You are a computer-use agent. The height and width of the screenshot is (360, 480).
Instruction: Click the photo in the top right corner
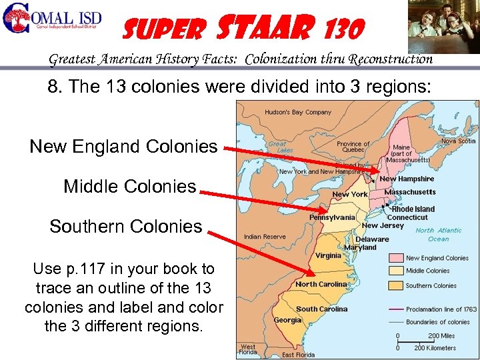pos(443,26)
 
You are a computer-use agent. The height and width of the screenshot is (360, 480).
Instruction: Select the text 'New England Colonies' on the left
pos(123,146)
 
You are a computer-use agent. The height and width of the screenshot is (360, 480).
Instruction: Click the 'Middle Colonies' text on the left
pos(130,186)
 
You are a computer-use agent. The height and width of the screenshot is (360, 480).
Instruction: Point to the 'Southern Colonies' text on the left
pos(125,226)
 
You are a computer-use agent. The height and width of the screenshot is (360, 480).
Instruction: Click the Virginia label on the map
pos(328,255)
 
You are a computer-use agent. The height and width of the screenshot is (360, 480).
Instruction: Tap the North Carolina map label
pos(321,285)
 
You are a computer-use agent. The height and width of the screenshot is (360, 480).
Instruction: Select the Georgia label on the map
pos(287,321)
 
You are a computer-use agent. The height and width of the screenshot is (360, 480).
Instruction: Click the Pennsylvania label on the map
pos(332,217)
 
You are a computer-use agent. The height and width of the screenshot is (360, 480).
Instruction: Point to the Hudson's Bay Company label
pos(298,112)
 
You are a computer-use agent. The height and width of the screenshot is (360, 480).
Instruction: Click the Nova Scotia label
pos(458,141)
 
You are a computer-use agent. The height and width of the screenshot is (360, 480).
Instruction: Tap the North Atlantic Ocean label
pos(439,235)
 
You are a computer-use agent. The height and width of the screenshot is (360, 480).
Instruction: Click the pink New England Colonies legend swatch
pos(397,258)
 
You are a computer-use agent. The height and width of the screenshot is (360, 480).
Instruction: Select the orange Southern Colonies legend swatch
pos(397,285)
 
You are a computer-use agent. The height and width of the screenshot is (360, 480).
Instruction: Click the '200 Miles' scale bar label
pos(442,335)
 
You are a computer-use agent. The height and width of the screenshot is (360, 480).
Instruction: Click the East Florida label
pos(297,355)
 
